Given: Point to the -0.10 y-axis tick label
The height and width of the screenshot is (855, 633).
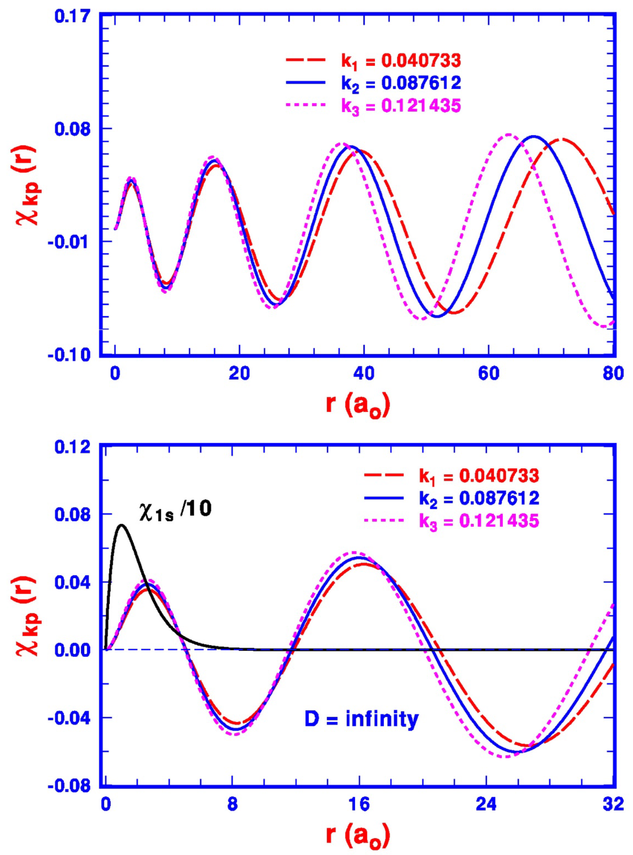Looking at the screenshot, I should [x=70, y=355].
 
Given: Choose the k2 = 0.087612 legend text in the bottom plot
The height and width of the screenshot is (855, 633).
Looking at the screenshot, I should [x=479, y=498].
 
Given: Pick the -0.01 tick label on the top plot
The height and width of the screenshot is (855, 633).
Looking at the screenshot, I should [x=70, y=242].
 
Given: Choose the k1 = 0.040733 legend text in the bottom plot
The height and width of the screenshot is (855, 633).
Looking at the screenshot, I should [x=479, y=475].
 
